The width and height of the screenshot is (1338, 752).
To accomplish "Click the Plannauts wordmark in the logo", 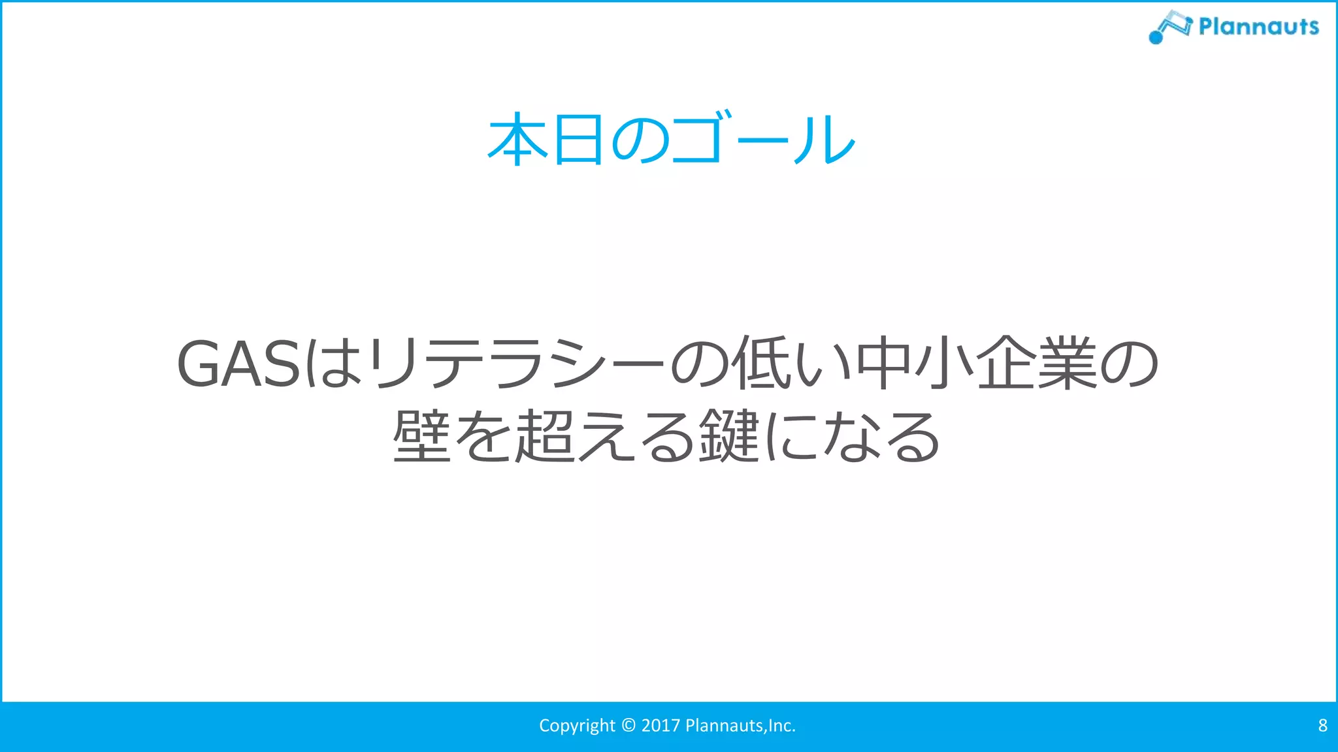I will pyautogui.click(x=1258, y=26).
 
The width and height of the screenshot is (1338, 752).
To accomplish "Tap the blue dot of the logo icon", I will pyautogui.click(x=1156, y=38).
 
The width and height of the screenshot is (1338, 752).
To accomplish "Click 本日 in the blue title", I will pyautogui.click(x=546, y=139).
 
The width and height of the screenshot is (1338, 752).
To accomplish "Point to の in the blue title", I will pyautogui.click(x=640, y=140).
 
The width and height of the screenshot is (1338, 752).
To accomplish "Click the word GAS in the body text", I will pyautogui.click(x=238, y=364).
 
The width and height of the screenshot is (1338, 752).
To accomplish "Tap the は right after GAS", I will pyautogui.click(x=333, y=364).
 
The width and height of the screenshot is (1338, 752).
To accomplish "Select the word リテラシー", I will pyautogui.click(x=516, y=364).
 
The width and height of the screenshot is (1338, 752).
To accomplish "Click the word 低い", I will pyautogui.click(x=791, y=364).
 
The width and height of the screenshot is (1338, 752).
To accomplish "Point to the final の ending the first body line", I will pyautogui.click(x=1130, y=364).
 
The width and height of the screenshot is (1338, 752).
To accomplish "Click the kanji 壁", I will pyautogui.click(x=421, y=436).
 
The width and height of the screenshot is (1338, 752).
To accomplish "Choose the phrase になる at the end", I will pyautogui.click(x=853, y=436).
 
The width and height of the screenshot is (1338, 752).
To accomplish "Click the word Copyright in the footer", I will pyautogui.click(x=577, y=726).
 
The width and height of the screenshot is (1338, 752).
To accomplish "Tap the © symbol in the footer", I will pyautogui.click(x=628, y=725).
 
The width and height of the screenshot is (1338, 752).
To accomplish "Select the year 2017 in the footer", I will pyautogui.click(x=661, y=725).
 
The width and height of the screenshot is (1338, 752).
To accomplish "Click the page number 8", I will pyautogui.click(x=1322, y=725).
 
